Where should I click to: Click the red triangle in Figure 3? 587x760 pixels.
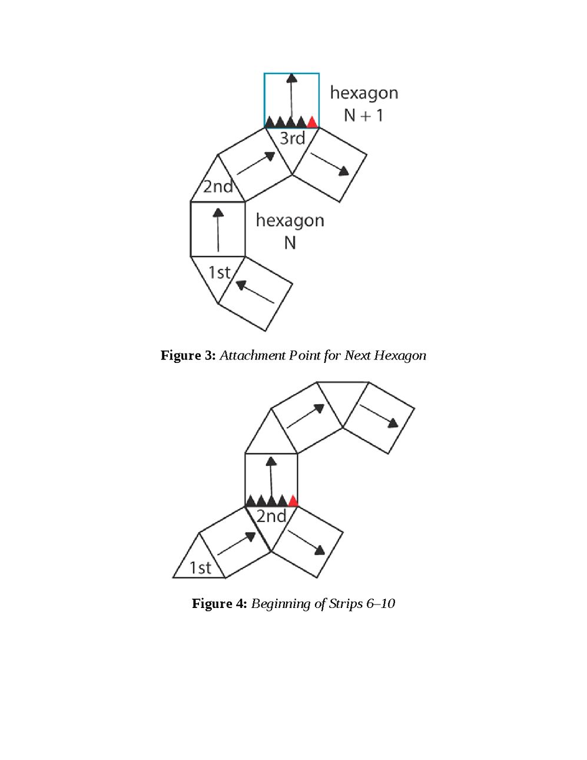pos(313,122)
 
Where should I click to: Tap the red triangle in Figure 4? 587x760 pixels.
pos(293,501)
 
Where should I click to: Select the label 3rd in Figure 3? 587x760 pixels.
pos(292,138)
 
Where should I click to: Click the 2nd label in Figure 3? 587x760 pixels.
pos(218,187)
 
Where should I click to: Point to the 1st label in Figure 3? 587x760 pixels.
pos(219,273)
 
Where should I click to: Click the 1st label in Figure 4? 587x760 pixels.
pos(200,568)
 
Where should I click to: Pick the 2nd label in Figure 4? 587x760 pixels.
pos(271,517)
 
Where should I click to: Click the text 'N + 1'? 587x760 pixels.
pos(363,115)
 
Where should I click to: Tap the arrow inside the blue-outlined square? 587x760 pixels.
pos(291,97)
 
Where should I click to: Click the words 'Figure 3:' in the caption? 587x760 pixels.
pos(188,356)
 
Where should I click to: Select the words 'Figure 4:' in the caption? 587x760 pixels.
pos(219,604)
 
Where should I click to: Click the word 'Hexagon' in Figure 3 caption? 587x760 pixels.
pos(400,356)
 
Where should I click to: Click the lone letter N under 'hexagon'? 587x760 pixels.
pos(290,243)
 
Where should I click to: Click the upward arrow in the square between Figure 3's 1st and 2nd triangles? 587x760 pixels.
pos(218,230)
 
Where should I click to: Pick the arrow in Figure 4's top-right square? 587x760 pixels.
pos(379,416)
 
